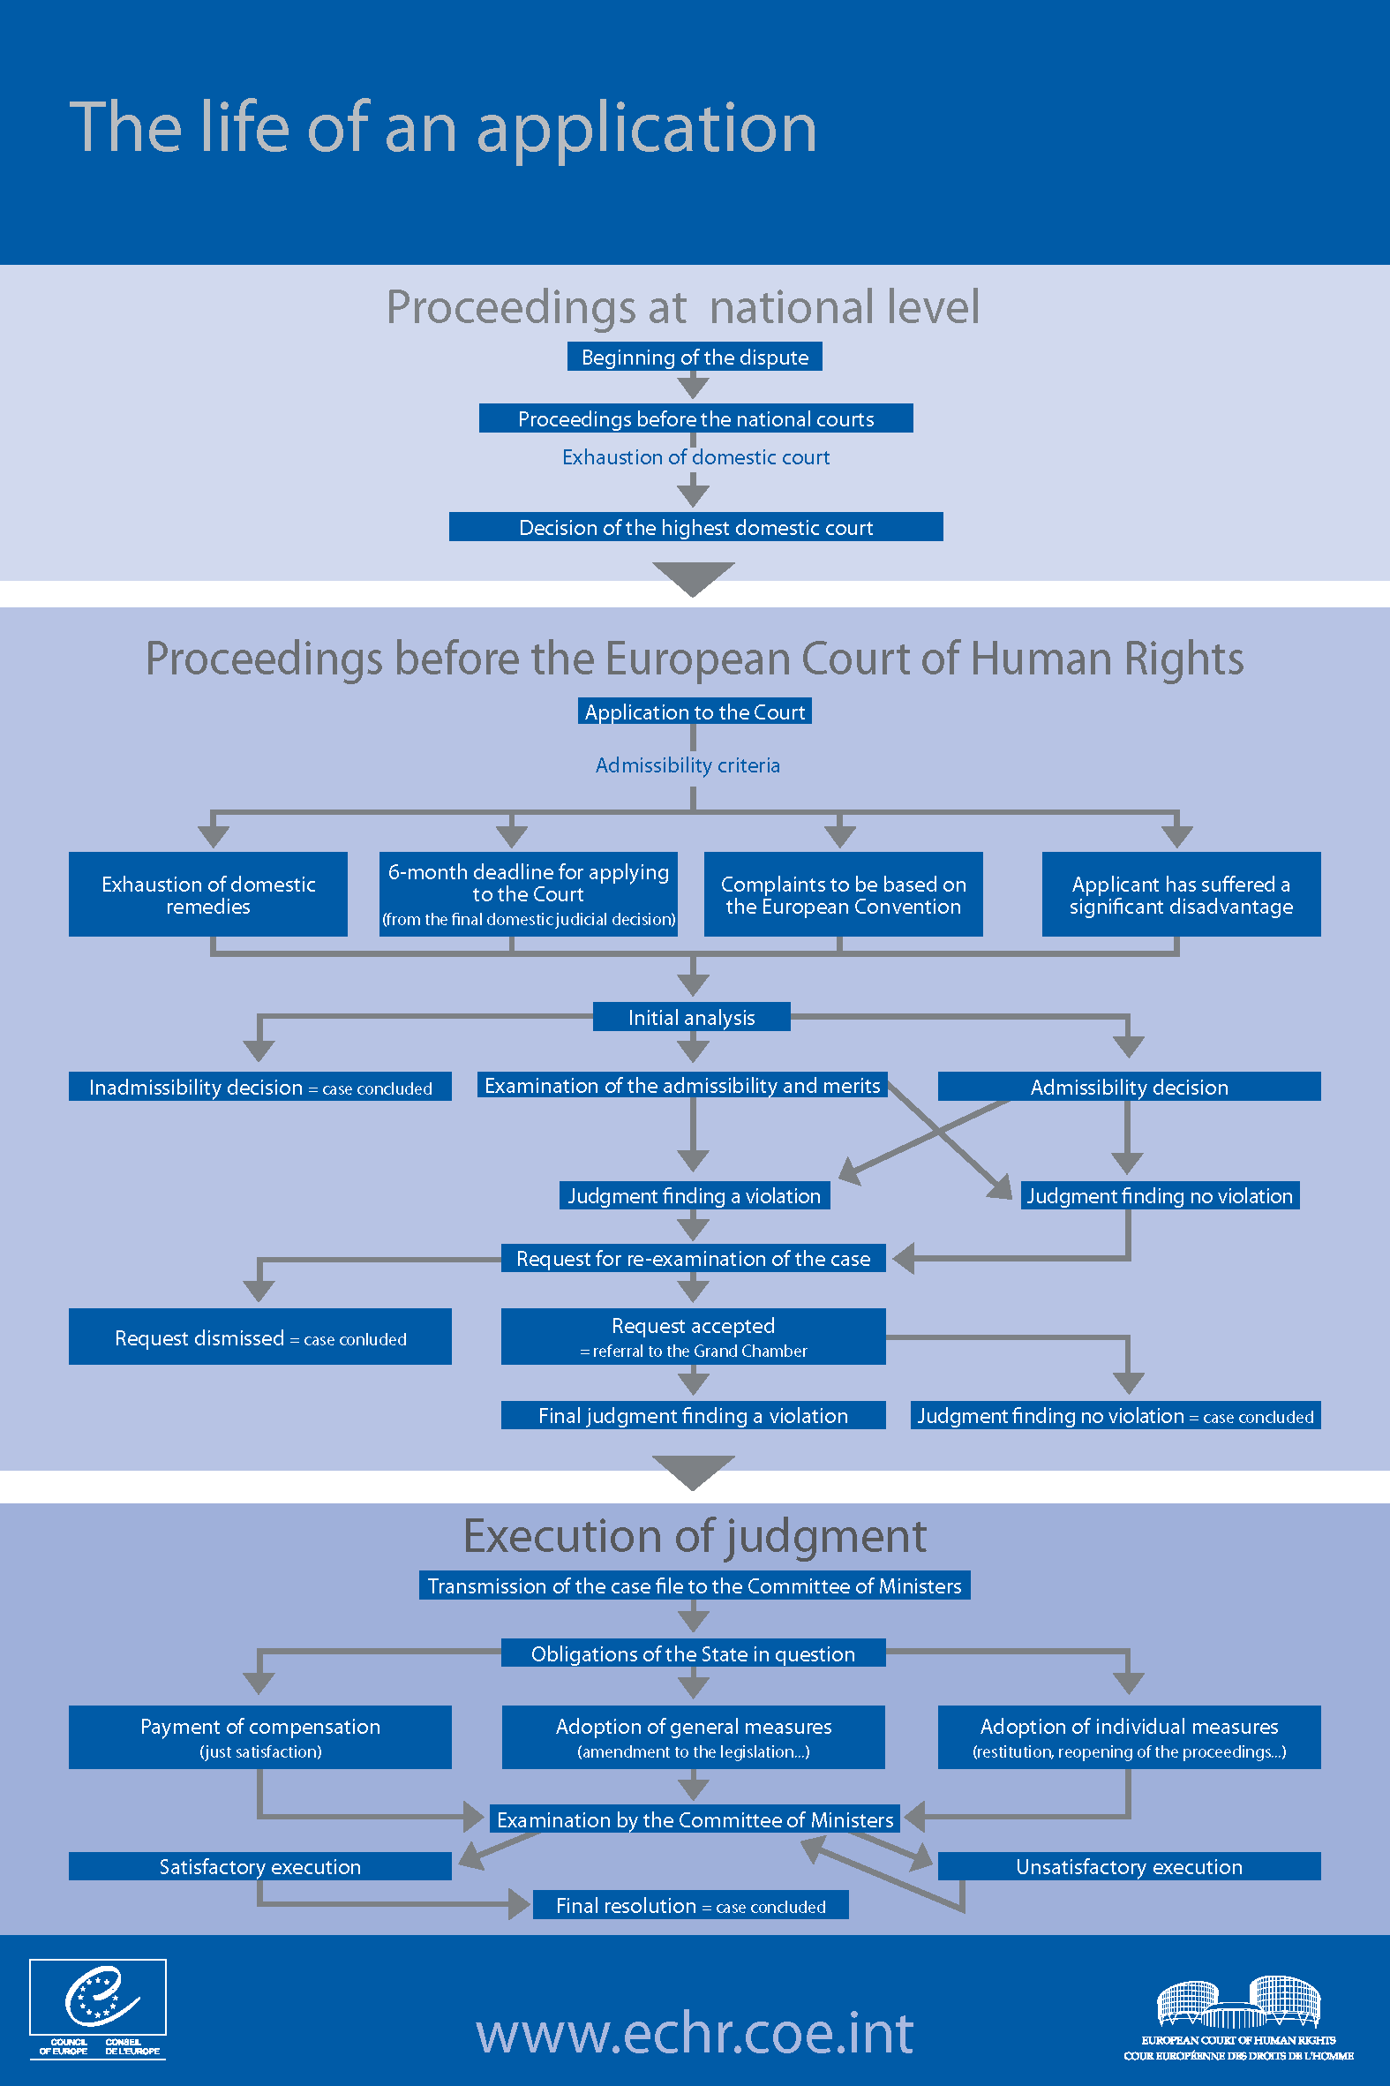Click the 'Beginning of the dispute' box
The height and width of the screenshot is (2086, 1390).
pyautogui.click(x=694, y=357)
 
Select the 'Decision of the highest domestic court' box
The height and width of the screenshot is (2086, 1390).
pyautogui.click(x=696, y=527)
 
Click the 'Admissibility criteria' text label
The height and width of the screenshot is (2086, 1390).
pyautogui.click(x=687, y=765)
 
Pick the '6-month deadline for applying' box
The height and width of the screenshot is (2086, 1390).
pyautogui.click(x=529, y=893)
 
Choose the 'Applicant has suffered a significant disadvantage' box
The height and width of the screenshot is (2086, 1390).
pyautogui.click(x=1181, y=893)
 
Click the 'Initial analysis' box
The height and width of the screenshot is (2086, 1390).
pyautogui.click(x=691, y=1017)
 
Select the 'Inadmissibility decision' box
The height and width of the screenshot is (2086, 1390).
pyautogui.click(x=259, y=1087)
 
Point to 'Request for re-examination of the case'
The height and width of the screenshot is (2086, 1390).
pyautogui.click(x=693, y=1258)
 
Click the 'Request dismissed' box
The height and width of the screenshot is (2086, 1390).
pyautogui.click(x=259, y=1337)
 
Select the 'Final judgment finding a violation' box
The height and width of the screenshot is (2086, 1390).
pyautogui.click(x=693, y=1415)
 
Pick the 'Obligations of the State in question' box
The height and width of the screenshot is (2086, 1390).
pyautogui.click(x=693, y=1653)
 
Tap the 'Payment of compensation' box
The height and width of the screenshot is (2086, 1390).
pyautogui.click(x=259, y=1736)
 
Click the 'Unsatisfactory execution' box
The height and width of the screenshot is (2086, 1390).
pyautogui.click(x=1130, y=1866)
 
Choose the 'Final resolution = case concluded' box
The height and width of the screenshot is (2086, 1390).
pyautogui.click(x=690, y=1905)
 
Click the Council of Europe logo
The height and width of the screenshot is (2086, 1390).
pyautogui.click(x=97, y=2009)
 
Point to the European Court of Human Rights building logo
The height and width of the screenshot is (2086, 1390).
pyautogui.click(x=1238, y=2018)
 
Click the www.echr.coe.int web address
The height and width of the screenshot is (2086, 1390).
pyautogui.click(x=695, y=2033)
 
